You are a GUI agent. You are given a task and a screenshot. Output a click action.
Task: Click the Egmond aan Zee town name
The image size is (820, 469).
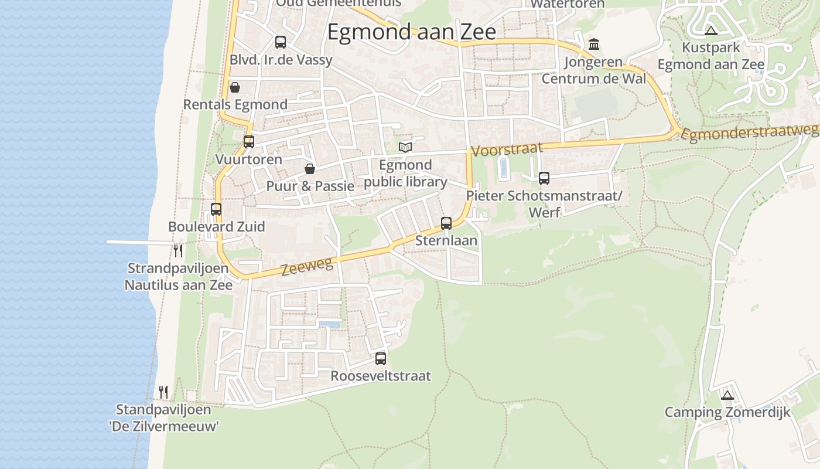411,32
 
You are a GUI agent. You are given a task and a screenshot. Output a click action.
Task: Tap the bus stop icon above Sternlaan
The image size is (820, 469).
446,223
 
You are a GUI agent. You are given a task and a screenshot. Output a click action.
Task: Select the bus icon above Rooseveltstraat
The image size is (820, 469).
381,358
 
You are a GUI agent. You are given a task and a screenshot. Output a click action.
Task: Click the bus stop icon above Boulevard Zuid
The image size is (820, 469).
216,209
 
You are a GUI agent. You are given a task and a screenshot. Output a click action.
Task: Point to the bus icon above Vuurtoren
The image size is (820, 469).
249,141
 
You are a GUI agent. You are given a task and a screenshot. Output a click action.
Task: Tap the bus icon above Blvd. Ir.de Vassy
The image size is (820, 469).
281,42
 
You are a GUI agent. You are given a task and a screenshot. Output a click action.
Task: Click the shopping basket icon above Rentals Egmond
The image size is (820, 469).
235,87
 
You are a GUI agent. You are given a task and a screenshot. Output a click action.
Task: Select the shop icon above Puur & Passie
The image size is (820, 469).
310,169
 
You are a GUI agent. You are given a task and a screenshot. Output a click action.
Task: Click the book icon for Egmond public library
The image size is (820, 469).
405,147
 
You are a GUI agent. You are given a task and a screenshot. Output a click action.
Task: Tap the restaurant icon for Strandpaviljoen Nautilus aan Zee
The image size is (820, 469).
178,251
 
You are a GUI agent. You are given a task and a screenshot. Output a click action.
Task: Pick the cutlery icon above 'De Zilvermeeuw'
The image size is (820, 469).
163,392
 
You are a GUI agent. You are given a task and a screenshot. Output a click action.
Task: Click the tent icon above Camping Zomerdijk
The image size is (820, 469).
727,395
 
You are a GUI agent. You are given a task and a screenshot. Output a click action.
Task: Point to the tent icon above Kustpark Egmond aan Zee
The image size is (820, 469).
710,30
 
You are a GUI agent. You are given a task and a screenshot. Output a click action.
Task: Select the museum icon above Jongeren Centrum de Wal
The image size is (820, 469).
594,44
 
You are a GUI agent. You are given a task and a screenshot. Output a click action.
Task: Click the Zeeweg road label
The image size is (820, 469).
307,266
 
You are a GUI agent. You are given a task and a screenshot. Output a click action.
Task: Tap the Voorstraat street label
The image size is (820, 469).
507,149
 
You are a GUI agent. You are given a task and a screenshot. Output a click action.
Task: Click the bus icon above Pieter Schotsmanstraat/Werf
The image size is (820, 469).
544,178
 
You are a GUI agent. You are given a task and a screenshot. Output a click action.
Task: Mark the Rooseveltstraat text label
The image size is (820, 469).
381,376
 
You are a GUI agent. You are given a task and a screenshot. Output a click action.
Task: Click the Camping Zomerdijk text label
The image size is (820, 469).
727,412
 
